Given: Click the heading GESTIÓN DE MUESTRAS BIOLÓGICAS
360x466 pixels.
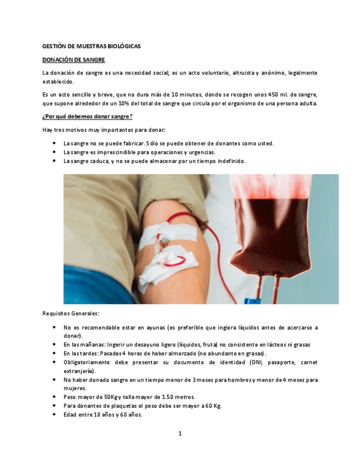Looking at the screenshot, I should pyautogui.click(x=91, y=46).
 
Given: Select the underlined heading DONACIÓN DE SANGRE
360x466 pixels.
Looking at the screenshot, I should pyautogui.click(x=74, y=59).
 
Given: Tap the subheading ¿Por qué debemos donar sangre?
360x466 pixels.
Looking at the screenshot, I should pyautogui.click(x=87, y=116).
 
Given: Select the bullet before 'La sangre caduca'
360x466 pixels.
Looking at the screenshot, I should pyautogui.click(x=54, y=161).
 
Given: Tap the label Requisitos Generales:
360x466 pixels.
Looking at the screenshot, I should pyautogui.click(x=71, y=313).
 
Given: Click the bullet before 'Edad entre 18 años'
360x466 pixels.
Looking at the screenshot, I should pyautogui.click(x=54, y=414).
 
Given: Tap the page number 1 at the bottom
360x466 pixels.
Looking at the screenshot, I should pyautogui.click(x=180, y=434).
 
